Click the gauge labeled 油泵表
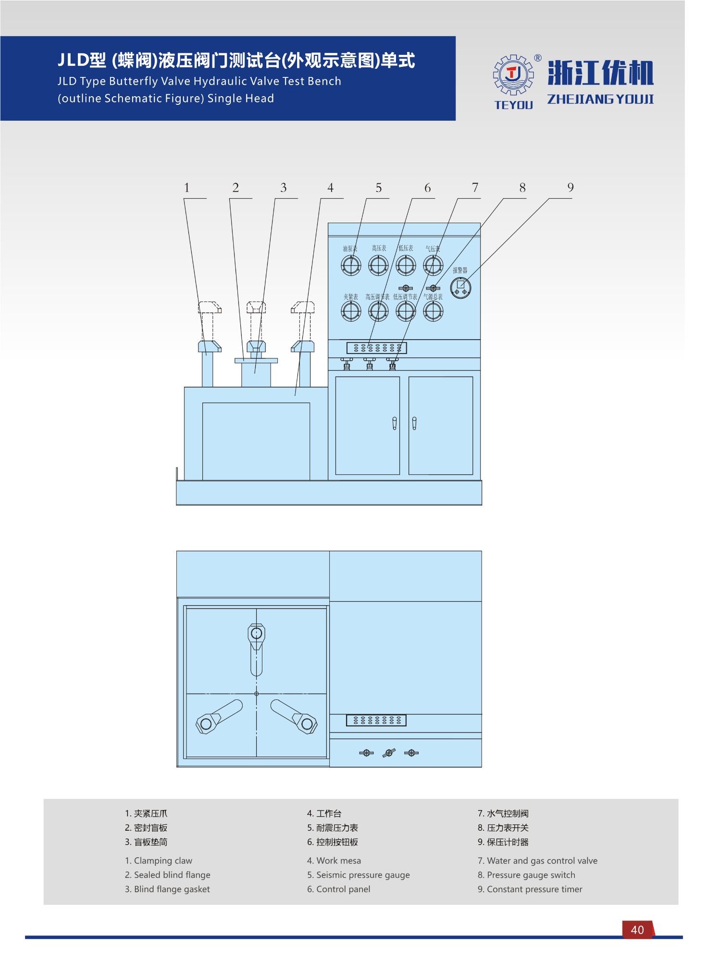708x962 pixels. pos(351,265)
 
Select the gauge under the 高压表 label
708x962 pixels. pos(378,265)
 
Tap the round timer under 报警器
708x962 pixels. pos(460,288)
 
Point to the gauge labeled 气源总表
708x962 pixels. pos(433,311)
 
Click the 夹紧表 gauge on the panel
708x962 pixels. pos(351,311)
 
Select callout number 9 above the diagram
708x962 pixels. pos(571,188)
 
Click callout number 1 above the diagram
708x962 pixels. pos(187,188)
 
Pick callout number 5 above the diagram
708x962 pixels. pos(379,188)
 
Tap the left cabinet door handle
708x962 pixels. pos(395,423)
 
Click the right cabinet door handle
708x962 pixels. pos(414,423)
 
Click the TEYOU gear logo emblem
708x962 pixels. pos(513,75)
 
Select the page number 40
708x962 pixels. pos(637,930)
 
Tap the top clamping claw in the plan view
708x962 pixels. pos(257,647)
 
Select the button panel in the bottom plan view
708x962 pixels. pos(376,720)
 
